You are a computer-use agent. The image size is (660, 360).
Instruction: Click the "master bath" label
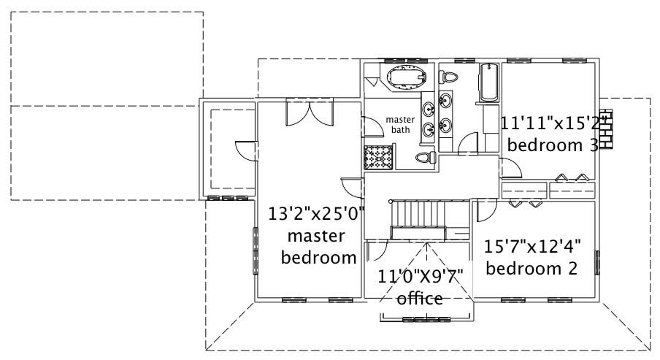point(400,124)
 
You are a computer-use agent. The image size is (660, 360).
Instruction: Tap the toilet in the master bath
point(426,157)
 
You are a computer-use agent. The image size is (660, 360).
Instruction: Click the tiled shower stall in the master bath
point(380,156)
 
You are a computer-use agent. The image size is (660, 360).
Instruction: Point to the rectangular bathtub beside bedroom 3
point(488,83)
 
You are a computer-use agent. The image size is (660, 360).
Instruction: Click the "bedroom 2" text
point(532,268)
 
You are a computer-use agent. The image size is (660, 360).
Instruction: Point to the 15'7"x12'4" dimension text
point(531,246)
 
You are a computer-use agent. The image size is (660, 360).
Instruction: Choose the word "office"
point(420,298)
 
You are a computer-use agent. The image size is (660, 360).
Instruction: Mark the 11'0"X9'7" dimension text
point(421,276)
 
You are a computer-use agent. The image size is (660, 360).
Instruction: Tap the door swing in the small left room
point(245,150)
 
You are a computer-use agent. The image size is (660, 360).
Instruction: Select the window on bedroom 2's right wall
point(597,261)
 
